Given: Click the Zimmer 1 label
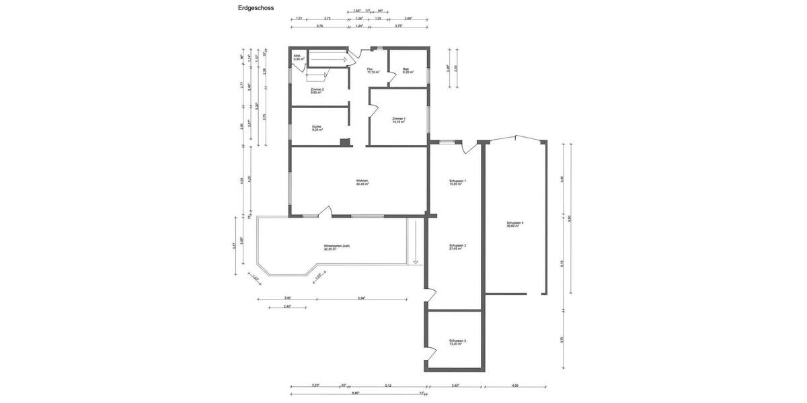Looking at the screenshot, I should (x=399, y=120).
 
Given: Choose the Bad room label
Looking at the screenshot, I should (x=406, y=70).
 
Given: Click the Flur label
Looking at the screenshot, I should (x=371, y=70).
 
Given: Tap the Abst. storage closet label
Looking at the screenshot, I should (x=298, y=58).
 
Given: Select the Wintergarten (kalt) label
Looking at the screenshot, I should (x=336, y=247).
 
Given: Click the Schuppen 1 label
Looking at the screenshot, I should (x=457, y=182).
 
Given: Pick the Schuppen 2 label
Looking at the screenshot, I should (x=457, y=247).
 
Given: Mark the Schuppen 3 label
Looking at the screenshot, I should (x=457, y=342).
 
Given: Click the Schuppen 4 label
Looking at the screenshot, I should (x=515, y=224).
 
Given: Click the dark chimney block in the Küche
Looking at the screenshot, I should (x=345, y=142).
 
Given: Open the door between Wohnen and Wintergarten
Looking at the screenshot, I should (x=325, y=212).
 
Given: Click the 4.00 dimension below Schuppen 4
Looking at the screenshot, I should (x=515, y=385).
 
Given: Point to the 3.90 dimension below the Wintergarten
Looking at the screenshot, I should (x=287, y=298).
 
